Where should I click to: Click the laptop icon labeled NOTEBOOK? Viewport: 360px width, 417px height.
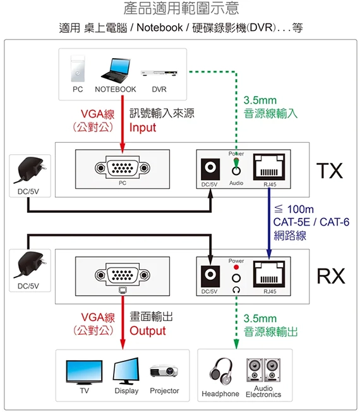pos(116,71)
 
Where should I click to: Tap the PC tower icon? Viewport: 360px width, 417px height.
pos(78,69)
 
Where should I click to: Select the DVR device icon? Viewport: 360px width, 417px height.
pos(159,73)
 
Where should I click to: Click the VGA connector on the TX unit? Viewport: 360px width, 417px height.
pos(123,168)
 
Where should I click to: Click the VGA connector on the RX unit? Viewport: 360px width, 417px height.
pos(123,275)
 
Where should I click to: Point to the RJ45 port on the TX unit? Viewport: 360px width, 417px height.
pos(269,167)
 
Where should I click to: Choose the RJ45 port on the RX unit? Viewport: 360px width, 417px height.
pos(269,274)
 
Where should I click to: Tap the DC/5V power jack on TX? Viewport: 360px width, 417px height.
pos(210,169)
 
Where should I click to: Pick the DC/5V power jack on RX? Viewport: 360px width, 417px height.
pos(210,276)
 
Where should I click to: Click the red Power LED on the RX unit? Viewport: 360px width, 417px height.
pos(236,267)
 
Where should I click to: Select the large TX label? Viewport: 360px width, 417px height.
pos(330,171)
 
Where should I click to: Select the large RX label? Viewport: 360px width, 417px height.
pos(331,276)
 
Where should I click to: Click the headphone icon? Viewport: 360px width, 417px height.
pos(220,371)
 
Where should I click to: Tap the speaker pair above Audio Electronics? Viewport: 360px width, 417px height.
pos(263,370)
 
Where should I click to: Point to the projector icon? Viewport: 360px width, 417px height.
pos(164,371)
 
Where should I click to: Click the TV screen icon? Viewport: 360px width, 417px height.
pos(84,372)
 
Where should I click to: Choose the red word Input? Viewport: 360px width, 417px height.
pos(143,128)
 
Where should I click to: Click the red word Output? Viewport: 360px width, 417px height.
pos(148,331)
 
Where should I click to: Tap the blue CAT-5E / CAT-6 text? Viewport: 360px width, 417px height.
pos(311,222)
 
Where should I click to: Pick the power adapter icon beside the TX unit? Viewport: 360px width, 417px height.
pos(30,170)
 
